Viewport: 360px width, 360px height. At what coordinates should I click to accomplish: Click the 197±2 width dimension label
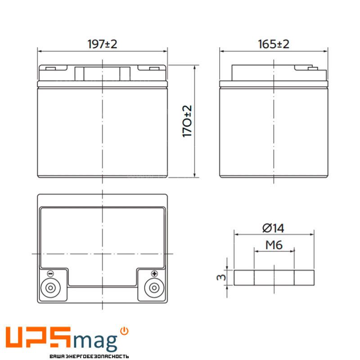103,44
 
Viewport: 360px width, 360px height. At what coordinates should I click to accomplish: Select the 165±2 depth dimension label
274,44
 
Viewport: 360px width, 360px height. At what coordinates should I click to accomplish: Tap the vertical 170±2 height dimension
187,121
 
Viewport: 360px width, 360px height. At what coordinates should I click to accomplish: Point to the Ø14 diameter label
273,228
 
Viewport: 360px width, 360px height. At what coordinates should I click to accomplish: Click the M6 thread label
274,245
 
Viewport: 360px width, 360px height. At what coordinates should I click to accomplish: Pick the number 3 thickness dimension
221,277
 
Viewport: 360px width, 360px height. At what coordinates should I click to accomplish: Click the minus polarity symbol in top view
50,274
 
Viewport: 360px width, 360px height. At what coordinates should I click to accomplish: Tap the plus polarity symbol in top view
154,274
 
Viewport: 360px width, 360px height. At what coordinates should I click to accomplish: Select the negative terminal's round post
50,288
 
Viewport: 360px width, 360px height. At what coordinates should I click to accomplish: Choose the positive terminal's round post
154,288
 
